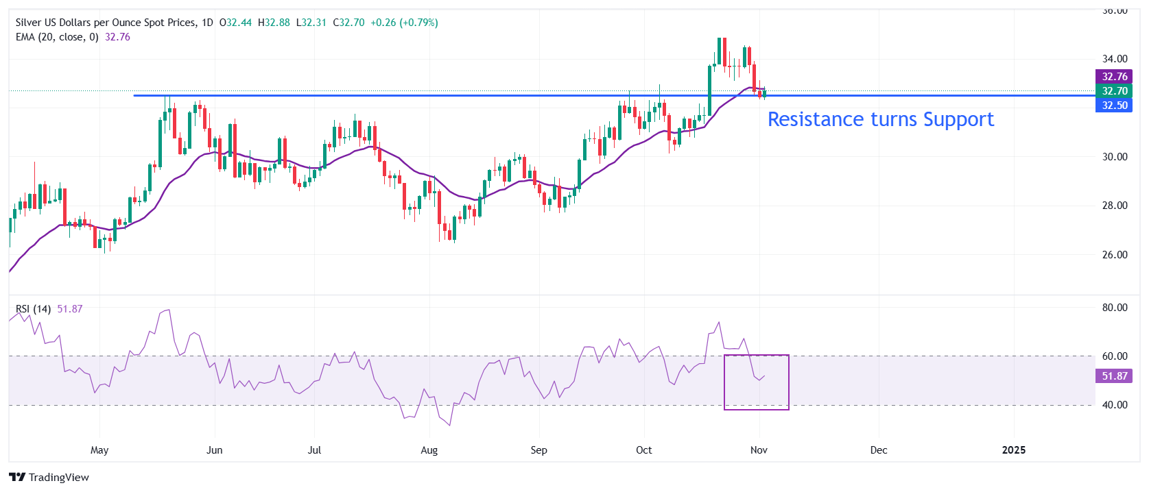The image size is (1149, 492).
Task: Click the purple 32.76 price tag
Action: pyautogui.click(x=1114, y=77)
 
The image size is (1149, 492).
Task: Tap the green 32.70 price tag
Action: pyautogui.click(x=1114, y=91)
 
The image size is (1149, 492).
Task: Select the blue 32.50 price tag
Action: pyautogui.click(x=1114, y=106)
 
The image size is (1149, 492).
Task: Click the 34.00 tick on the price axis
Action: pyautogui.click(x=1114, y=59)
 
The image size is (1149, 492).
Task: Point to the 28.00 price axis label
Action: pyautogui.click(x=1114, y=206)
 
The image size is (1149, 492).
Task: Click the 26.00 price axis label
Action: pyautogui.click(x=1114, y=255)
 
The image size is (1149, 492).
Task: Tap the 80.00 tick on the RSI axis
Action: pyautogui.click(x=1114, y=308)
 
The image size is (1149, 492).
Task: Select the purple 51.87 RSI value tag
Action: pyautogui.click(x=1114, y=376)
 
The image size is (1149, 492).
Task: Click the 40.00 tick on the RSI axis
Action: pyautogui.click(x=1114, y=405)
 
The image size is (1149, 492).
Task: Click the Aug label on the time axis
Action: pyautogui.click(x=429, y=450)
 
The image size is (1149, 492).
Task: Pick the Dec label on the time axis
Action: pyautogui.click(x=878, y=450)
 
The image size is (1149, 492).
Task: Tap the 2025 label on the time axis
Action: pyautogui.click(x=1013, y=450)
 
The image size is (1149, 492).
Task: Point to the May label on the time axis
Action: pyautogui.click(x=99, y=450)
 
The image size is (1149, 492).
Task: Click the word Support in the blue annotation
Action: pyautogui.click(x=958, y=120)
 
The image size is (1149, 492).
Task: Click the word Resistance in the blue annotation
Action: pyautogui.click(x=816, y=120)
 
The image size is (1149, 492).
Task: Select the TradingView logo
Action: pyautogui.click(x=49, y=478)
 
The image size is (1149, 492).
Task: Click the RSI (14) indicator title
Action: pyautogui.click(x=34, y=309)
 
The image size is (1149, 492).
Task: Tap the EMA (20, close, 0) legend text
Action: pyautogui.click(x=57, y=37)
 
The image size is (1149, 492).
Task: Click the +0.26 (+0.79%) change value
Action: pyautogui.click(x=404, y=23)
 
